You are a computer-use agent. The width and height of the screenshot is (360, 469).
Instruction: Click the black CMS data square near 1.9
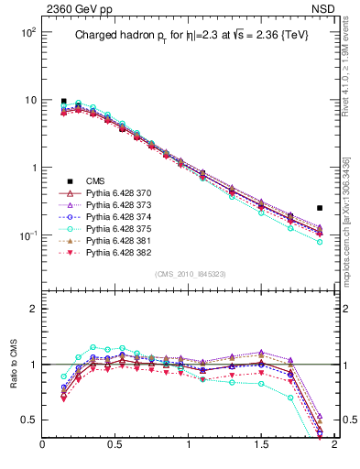(320, 208)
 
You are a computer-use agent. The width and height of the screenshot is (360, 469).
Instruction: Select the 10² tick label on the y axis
(26, 32)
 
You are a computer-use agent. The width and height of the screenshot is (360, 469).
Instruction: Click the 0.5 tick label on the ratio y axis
(29, 420)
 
